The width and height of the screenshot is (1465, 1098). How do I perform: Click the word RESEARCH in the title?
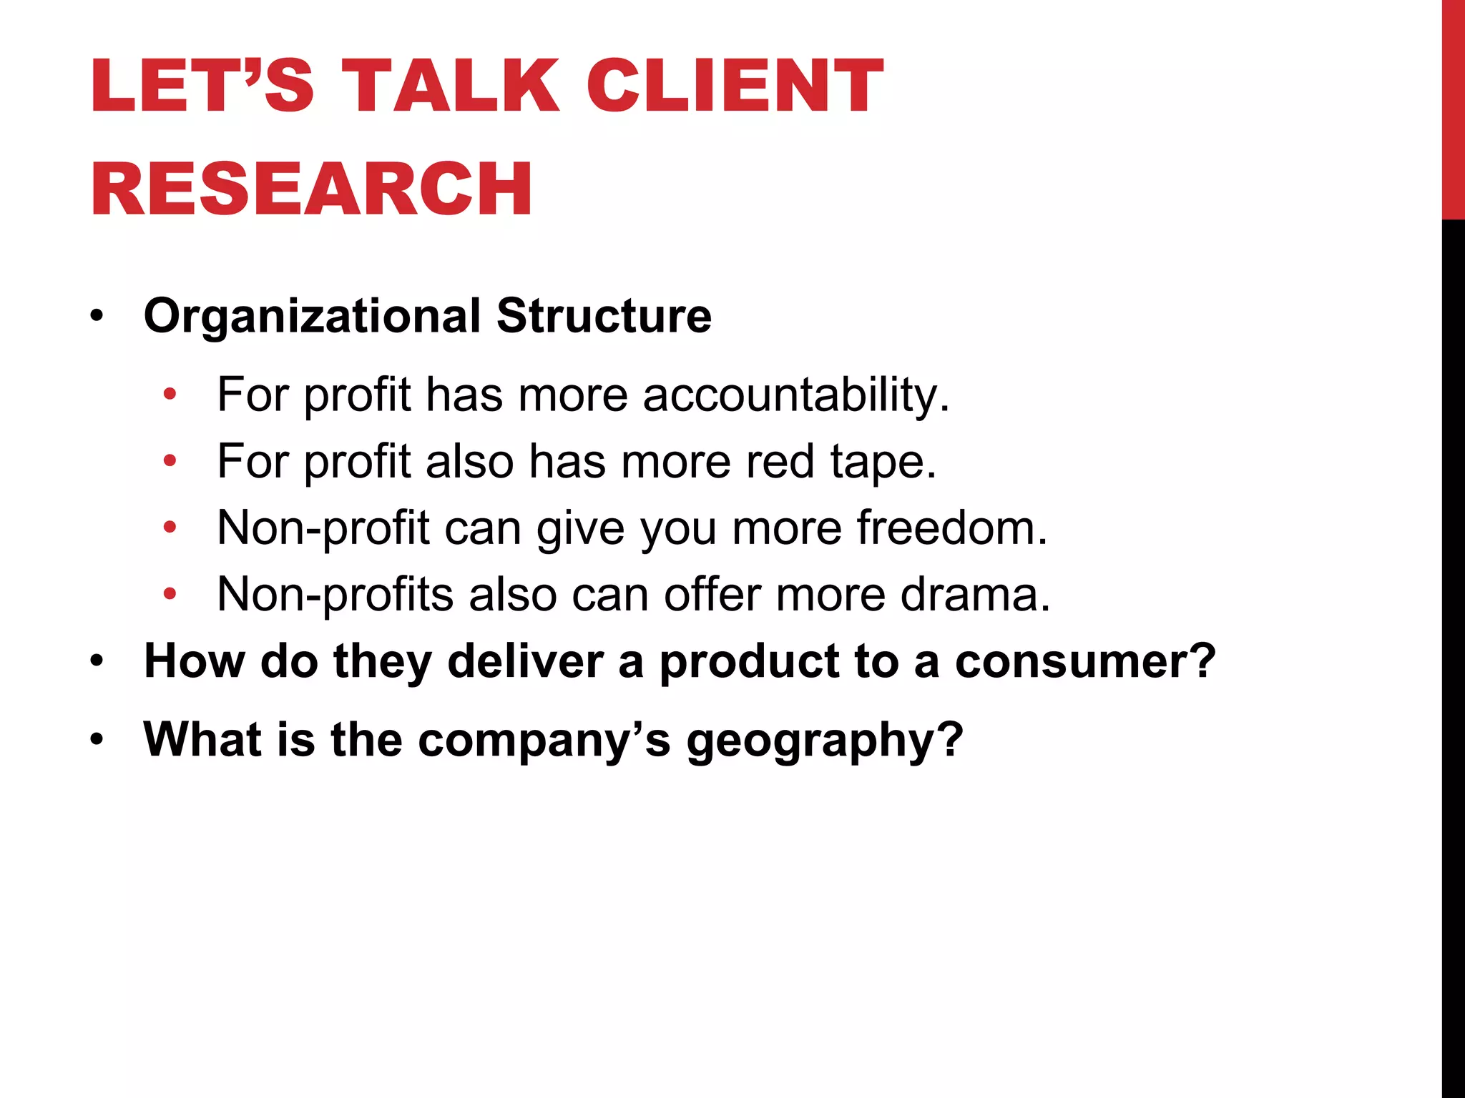pos(312,189)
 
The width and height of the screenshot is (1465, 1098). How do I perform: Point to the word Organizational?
pos(313,316)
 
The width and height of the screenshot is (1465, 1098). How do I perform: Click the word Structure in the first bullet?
pos(604,316)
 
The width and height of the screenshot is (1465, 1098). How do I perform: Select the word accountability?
pos(796,395)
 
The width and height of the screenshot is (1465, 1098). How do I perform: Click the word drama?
pos(975,594)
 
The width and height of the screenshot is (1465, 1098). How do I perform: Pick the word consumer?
pos(1085,661)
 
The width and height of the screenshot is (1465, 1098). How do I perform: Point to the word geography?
pos(825,740)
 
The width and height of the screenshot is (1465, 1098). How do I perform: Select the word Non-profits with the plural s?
pos(335,594)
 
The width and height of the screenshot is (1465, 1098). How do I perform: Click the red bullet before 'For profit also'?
pos(170,461)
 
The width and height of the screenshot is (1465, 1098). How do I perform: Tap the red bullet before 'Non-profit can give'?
pos(170,528)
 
